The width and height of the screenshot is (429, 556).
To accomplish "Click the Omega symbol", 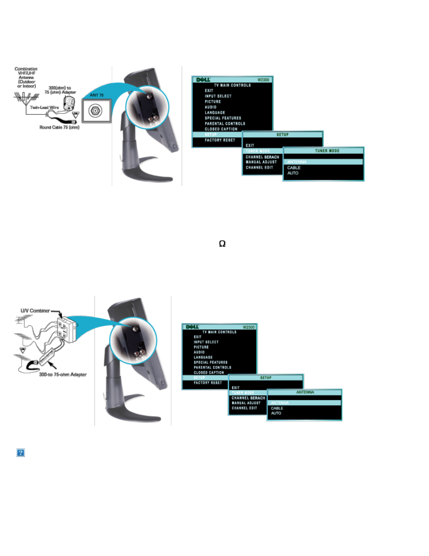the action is (222, 244).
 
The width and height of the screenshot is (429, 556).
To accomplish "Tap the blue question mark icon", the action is (21, 452).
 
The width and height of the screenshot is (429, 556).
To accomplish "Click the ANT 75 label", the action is (97, 95).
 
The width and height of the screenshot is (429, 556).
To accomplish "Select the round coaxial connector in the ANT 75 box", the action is (95, 110).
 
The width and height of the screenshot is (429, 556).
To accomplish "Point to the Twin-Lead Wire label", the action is (45, 108).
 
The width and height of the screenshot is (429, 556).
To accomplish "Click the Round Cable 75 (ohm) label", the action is (59, 127).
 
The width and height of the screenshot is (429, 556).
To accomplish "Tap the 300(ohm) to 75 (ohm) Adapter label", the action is (60, 90).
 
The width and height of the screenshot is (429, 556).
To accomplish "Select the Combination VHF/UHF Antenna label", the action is (26, 77).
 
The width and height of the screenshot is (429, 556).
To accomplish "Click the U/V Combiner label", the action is (35, 311).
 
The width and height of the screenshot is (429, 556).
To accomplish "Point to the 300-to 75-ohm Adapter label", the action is (63, 375).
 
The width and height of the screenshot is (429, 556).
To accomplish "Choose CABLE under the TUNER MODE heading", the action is (294, 167).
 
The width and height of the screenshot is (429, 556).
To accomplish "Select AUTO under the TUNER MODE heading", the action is (293, 173).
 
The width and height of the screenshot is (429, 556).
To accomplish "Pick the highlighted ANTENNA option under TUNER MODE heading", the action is (297, 162).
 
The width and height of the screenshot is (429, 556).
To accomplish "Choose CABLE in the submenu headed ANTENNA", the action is (277, 408).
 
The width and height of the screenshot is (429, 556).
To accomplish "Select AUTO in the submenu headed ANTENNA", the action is (276, 413).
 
